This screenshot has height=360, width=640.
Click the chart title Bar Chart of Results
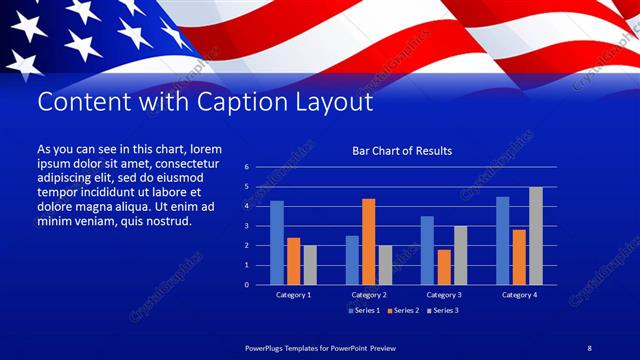coord(402,151)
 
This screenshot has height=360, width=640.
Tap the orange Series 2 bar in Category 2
coord(369,241)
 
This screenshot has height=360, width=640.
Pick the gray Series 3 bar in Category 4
coord(536,235)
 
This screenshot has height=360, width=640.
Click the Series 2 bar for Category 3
coord(444,266)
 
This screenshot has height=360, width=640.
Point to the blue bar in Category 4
coord(503,240)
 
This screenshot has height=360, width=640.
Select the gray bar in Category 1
coord(310,264)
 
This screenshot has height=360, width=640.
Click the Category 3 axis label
coord(444,295)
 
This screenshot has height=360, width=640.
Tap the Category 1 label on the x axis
coord(293,295)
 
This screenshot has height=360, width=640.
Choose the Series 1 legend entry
coord(363,310)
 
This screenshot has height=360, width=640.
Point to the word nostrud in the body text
coord(170,221)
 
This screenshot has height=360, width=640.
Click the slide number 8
coord(589,347)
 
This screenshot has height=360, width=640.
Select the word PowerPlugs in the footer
coord(268,347)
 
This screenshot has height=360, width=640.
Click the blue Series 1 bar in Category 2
coord(352,260)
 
